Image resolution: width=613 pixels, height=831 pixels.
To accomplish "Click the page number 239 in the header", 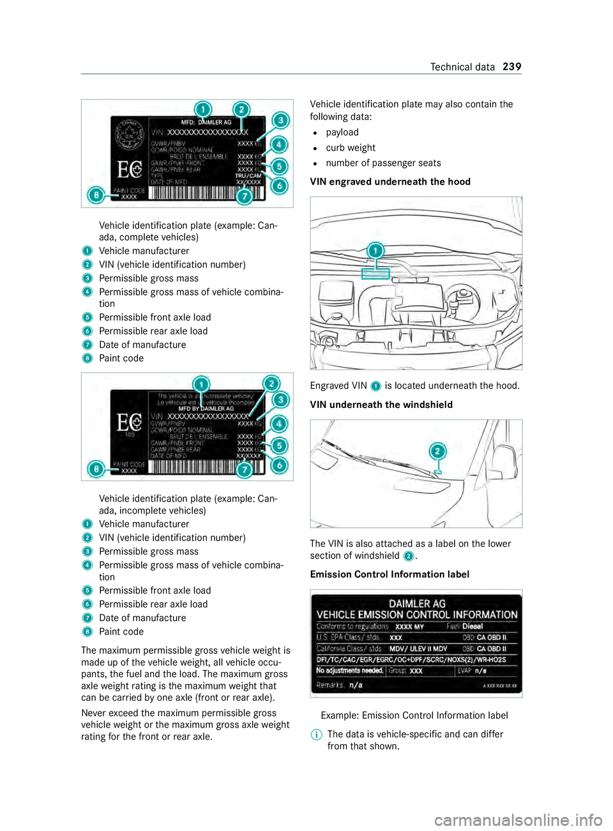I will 511,67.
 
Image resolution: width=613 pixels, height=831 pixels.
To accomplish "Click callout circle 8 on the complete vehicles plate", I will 96,195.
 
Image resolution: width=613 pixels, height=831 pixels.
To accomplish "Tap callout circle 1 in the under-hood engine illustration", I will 375,250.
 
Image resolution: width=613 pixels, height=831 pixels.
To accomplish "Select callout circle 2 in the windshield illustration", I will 437,451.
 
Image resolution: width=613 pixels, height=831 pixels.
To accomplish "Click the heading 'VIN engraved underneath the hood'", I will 390,182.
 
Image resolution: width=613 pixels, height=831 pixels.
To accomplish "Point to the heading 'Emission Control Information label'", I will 390,574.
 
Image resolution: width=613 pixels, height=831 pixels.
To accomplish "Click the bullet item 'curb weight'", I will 351,148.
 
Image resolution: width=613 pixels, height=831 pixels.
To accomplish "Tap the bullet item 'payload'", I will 342,133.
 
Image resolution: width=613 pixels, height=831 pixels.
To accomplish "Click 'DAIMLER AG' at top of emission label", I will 417,603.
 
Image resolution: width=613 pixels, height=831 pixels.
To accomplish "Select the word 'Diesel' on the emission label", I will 473,627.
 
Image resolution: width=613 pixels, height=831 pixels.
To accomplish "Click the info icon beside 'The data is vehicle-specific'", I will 316,735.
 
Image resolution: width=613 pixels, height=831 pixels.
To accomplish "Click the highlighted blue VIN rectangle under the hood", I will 375,274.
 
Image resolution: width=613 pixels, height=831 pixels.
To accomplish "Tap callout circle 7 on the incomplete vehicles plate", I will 244,470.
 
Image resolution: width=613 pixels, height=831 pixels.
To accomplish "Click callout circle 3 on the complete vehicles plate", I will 280,121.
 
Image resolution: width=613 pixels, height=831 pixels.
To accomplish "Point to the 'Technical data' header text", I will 462,67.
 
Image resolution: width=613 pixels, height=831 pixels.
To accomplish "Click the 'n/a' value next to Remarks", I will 356,685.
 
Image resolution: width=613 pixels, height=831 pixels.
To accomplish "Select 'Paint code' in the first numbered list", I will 121,359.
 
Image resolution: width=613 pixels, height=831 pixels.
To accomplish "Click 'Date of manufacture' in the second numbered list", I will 142,618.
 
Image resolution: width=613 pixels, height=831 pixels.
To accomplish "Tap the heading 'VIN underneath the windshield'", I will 381,405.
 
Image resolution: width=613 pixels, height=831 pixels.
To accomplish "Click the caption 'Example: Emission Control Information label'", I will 414,715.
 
